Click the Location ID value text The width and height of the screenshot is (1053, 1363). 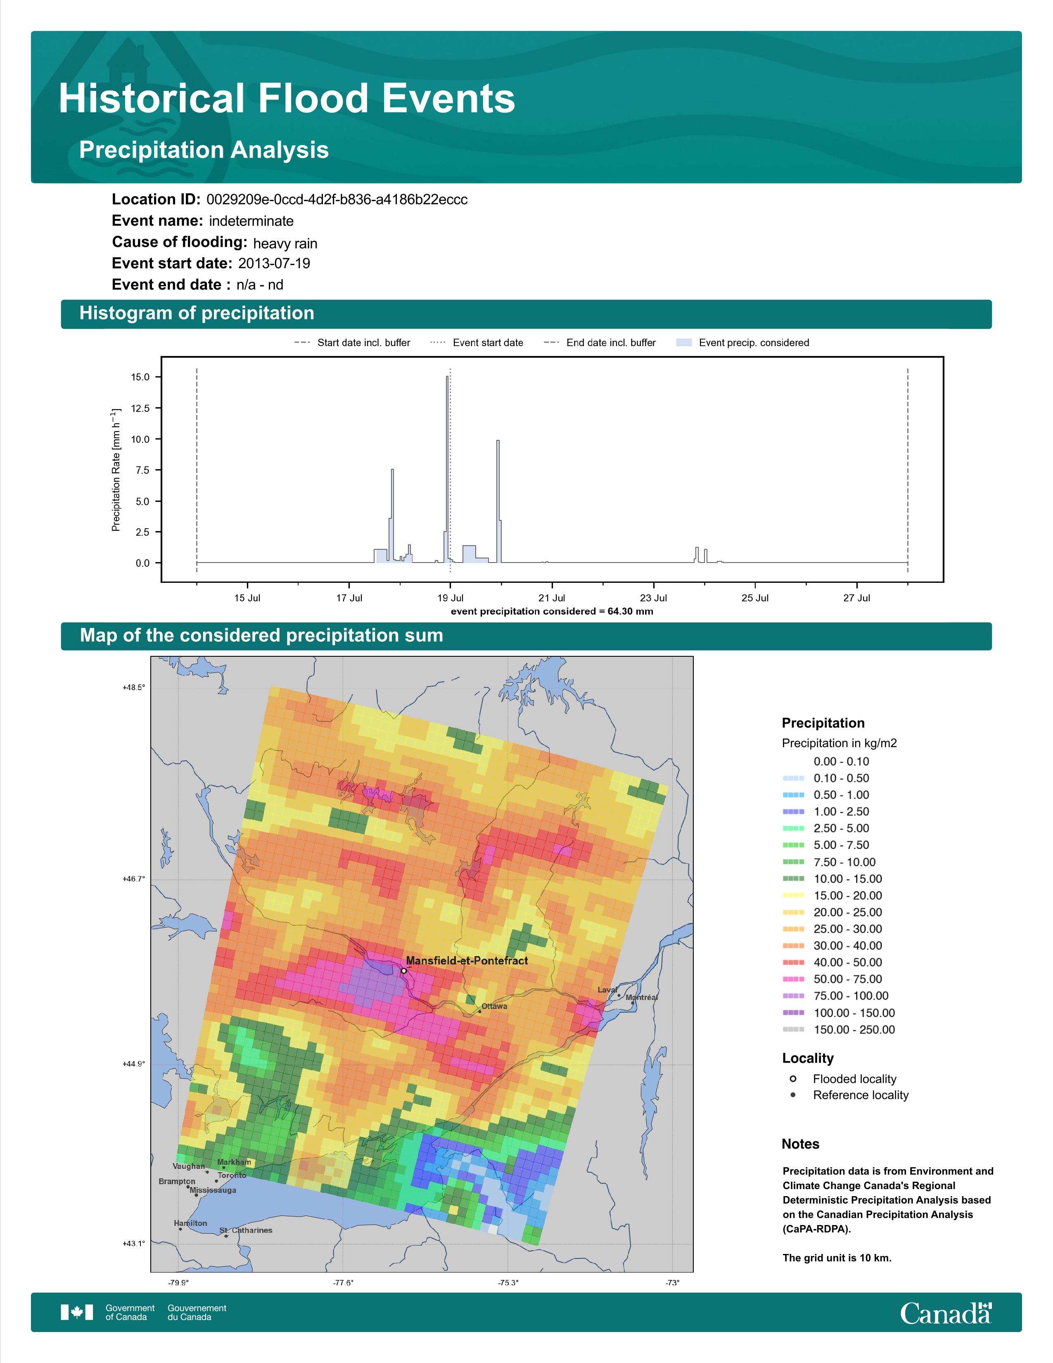click(x=337, y=200)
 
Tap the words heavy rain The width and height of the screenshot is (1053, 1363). click(x=285, y=243)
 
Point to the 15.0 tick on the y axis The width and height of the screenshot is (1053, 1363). click(x=140, y=377)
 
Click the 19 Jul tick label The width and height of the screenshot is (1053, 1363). click(x=451, y=598)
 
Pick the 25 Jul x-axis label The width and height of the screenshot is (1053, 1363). click(x=755, y=598)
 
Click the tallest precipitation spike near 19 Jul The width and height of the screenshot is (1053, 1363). click(x=447, y=468)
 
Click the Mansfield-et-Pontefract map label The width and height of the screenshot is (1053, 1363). click(x=467, y=960)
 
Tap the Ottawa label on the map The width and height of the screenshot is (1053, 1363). click(x=494, y=1006)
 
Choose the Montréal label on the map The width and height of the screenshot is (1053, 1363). click(x=642, y=997)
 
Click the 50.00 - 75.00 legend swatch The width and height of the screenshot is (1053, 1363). click(x=793, y=979)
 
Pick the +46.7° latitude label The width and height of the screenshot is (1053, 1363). click(x=133, y=879)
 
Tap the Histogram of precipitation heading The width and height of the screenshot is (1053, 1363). click(x=197, y=313)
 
